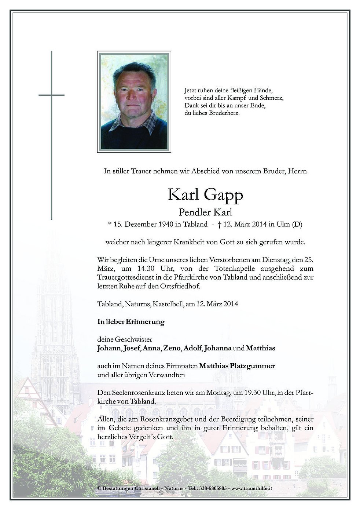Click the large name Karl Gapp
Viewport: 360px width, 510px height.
pyautogui.click(x=205, y=195)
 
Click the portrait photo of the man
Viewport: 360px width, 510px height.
pyautogui.click(x=134, y=102)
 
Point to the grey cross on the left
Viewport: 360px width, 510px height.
pyautogui.click(x=51, y=135)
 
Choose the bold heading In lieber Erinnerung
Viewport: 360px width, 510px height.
pyautogui.click(x=131, y=322)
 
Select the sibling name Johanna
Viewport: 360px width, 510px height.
pyautogui.click(x=218, y=348)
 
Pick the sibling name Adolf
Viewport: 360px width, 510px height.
pyautogui.click(x=193, y=348)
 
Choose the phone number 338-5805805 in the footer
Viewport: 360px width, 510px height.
pyautogui.click(x=213, y=488)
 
